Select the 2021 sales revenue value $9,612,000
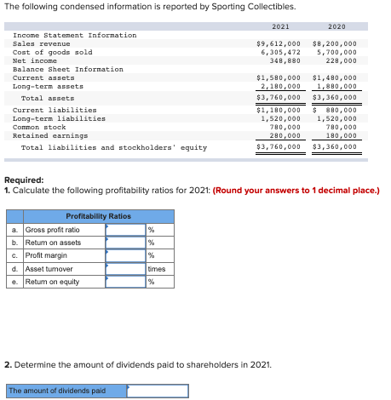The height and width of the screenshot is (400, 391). coord(279,43)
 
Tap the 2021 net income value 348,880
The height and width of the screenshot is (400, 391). coord(284,60)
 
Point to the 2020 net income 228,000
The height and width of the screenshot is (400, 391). coord(339,60)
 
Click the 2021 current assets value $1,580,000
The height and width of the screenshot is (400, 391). coord(279,77)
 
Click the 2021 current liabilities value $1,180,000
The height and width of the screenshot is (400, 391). coord(279,110)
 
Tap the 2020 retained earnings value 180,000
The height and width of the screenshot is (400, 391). coord(339,134)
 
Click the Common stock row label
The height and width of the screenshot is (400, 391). coord(39,126)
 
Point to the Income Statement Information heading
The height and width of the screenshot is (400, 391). coord(74,35)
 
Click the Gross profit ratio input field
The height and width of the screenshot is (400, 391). coord(125,230)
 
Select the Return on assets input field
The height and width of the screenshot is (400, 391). coord(125,243)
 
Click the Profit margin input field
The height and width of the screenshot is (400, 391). coord(125,255)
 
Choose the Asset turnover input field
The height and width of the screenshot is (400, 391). coord(125,269)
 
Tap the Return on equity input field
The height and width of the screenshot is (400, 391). coord(125,282)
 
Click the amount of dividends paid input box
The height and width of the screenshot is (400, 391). coord(157,391)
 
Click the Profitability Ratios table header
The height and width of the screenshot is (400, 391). coord(98,216)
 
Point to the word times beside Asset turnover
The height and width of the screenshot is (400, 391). coord(157,269)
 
